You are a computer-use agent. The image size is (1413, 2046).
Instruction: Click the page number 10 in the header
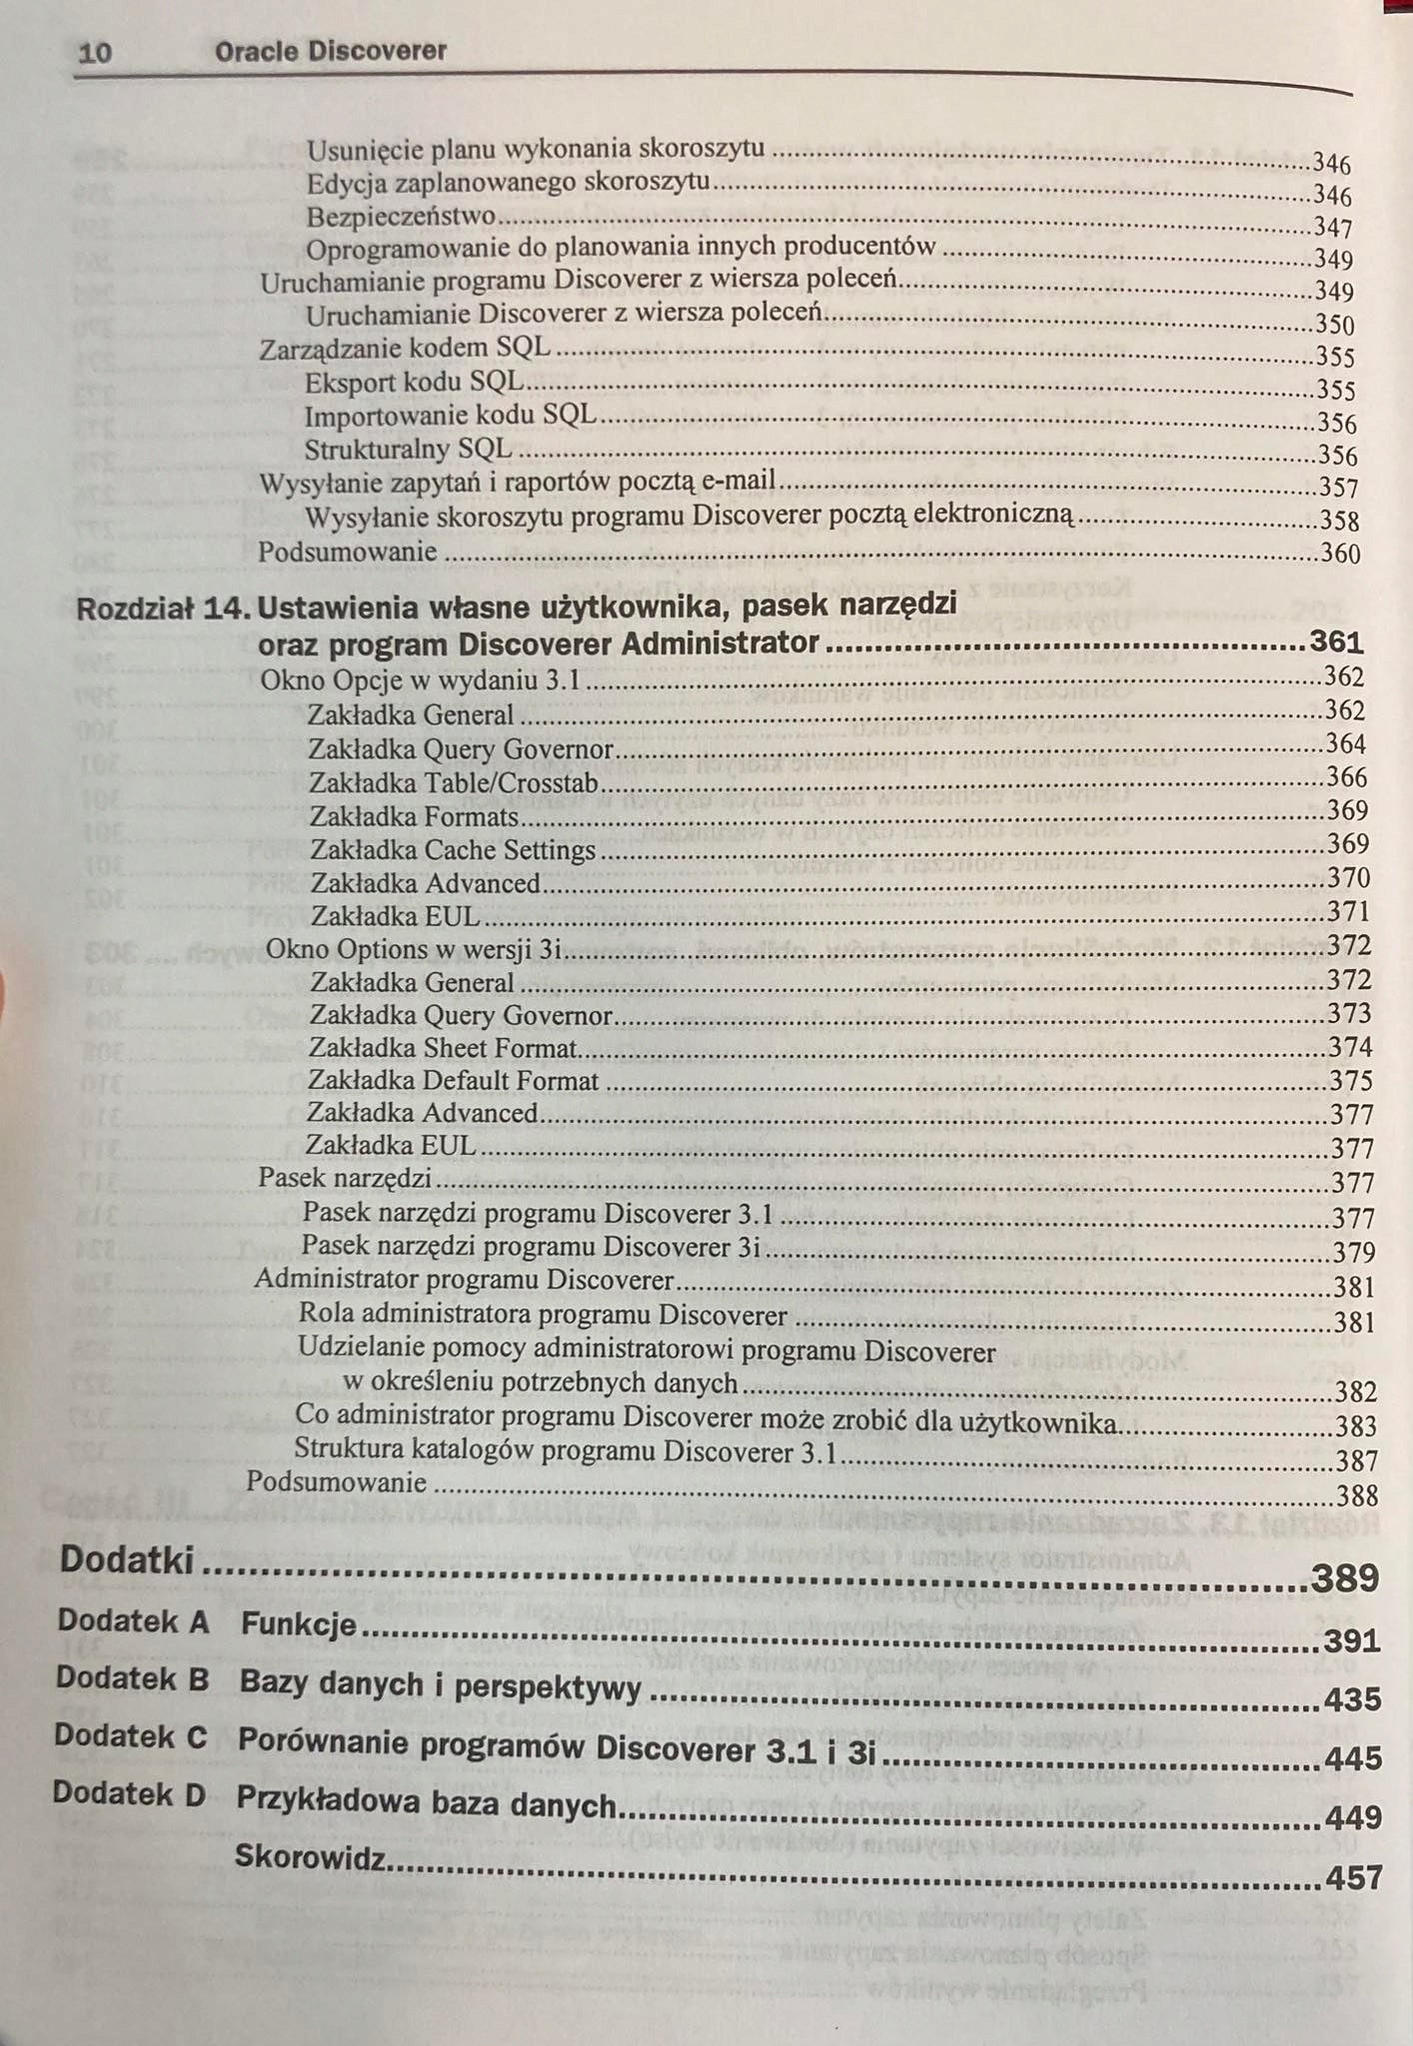pos(94,53)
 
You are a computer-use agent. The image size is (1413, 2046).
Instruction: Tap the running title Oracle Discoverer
pos(331,51)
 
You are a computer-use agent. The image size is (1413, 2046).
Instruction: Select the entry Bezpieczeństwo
pos(401,216)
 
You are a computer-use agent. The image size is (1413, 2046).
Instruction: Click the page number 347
pos(1333,228)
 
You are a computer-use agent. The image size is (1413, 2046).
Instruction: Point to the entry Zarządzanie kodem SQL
pos(405,349)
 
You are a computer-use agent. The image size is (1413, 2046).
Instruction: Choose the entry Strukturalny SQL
pos(408,450)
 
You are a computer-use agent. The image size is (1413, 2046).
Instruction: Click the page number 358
pos(1339,520)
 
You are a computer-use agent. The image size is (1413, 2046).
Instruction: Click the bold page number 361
pos(1336,642)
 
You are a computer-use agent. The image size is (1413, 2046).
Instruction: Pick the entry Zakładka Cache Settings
pos(453,850)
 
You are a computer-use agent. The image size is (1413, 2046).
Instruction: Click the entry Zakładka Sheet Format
pos(443,1048)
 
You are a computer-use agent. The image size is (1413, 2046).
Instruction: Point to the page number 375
pos(1351,1081)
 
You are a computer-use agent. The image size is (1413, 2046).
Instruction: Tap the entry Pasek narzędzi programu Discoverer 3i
pos(532,1247)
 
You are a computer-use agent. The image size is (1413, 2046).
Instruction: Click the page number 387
pos(1357,1462)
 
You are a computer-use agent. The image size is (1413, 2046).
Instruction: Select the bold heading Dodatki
pos(127,1560)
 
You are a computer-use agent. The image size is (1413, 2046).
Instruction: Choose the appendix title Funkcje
pos(298,1624)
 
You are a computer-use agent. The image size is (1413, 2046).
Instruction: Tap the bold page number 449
pos(1354,1817)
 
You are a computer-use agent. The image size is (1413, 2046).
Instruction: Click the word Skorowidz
pos(310,1857)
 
